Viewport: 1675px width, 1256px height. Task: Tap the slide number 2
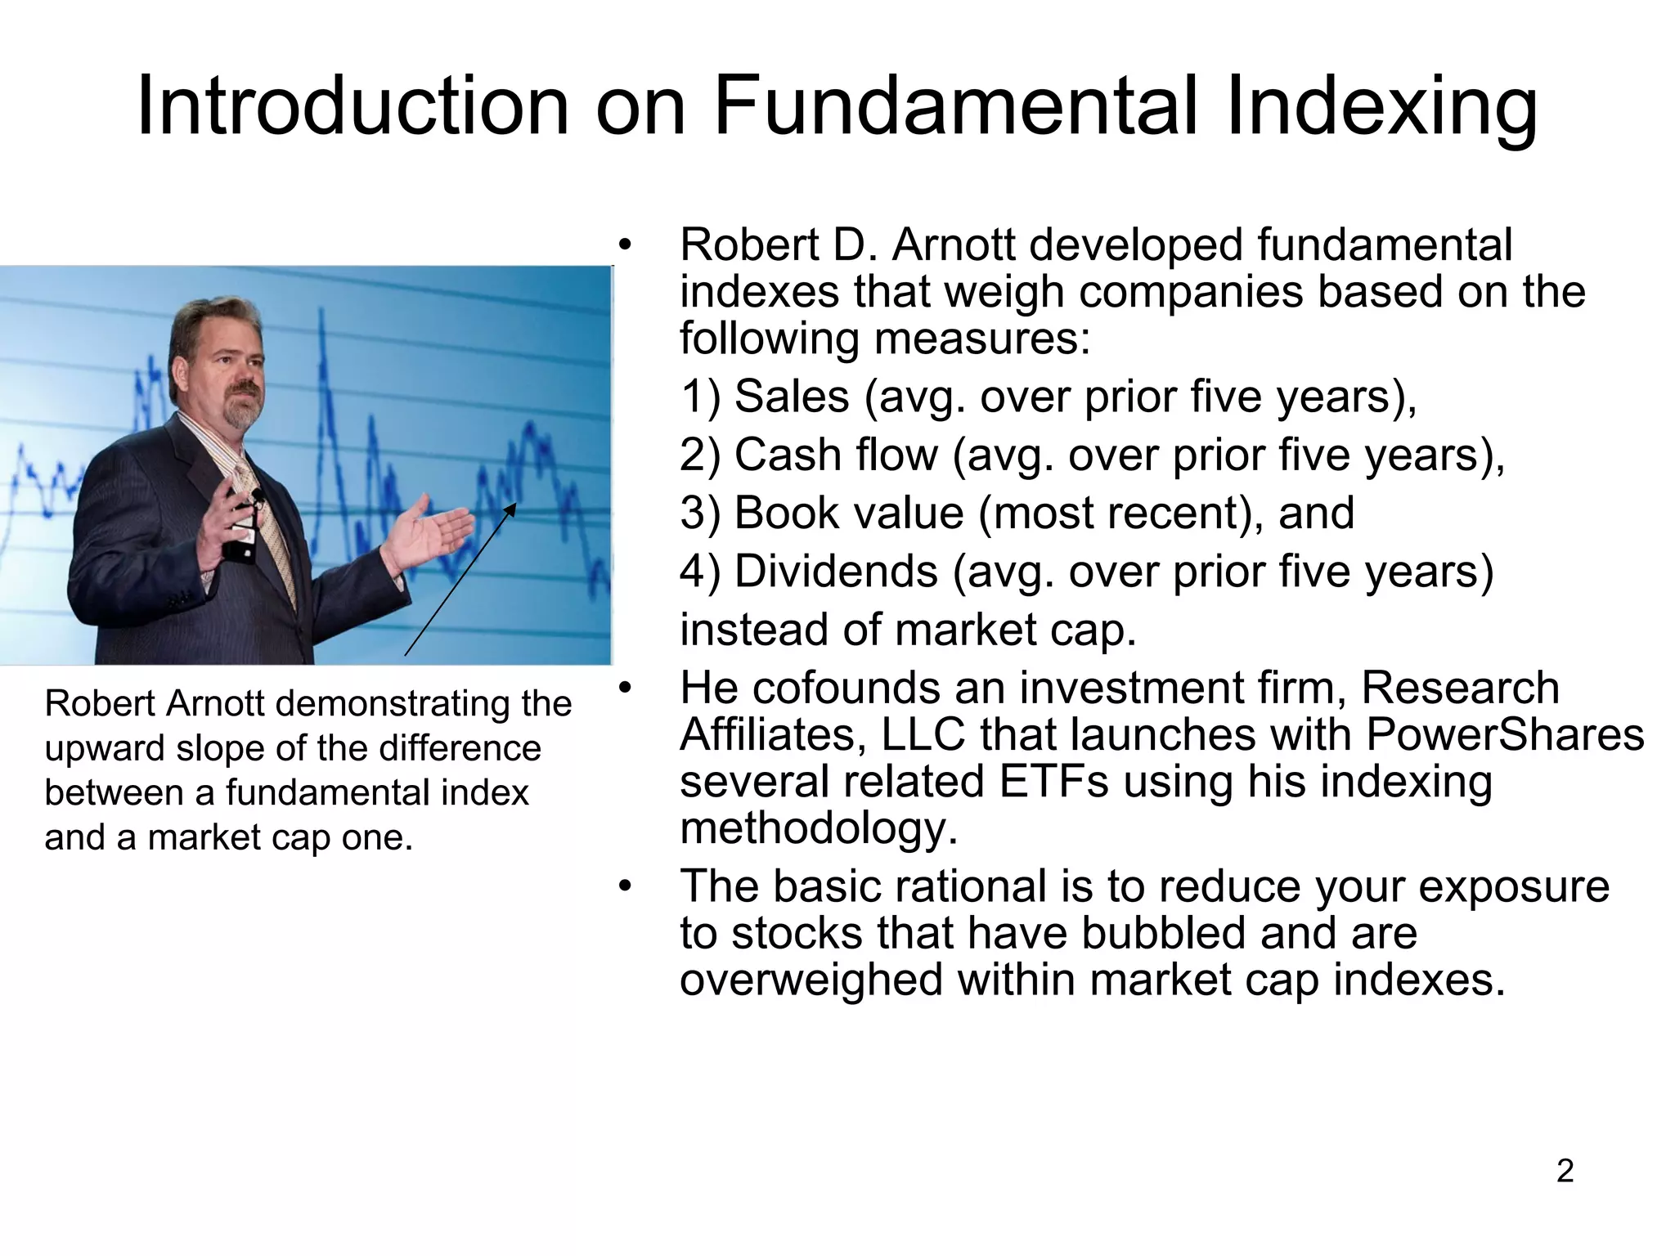[x=1565, y=1171]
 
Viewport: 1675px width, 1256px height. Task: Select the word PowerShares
[x=1505, y=734]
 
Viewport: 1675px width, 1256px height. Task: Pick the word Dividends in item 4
[x=835, y=571]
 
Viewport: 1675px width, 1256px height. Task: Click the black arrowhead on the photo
[x=510, y=509]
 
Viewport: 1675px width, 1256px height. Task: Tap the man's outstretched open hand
[x=433, y=532]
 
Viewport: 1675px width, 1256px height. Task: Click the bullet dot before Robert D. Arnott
[x=626, y=244]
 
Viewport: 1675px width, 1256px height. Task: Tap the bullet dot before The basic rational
[x=626, y=886]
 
